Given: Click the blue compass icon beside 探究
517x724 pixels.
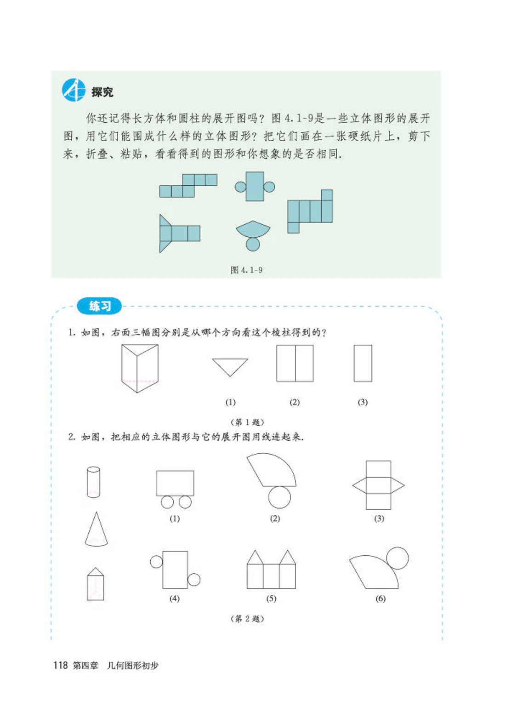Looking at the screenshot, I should [x=74, y=90].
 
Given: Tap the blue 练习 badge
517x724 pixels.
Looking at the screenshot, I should [x=100, y=306].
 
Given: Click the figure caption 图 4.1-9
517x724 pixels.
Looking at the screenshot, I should [x=246, y=270].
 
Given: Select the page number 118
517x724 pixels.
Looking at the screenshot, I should [x=60, y=665].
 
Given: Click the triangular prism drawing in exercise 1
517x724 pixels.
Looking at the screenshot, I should [x=139, y=368].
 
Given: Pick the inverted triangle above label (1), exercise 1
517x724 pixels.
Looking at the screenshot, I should [x=230, y=365].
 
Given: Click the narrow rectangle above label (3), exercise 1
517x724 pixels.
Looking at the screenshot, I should [x=363, y=363].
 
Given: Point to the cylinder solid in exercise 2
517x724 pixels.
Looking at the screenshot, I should [x=93, y=482].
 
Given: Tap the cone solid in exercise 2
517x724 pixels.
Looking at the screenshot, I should [x=96, y=530].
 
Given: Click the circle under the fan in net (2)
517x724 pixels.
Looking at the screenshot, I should [x=279, y=497].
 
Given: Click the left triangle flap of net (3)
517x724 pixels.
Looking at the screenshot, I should [x=359, y=485].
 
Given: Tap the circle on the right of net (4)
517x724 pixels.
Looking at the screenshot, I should [x=194, y=580].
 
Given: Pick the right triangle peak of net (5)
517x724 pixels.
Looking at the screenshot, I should [x=287, y=558].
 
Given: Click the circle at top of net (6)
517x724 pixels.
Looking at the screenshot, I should [x=397, y=558].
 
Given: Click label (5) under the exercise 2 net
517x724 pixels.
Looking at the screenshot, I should [x=271, y=599].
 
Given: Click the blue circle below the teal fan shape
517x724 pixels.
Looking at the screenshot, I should [x=253, y=244].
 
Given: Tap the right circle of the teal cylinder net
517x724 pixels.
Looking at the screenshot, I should [x=269, y=187].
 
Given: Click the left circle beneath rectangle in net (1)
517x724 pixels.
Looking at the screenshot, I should [x=167, y=502].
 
